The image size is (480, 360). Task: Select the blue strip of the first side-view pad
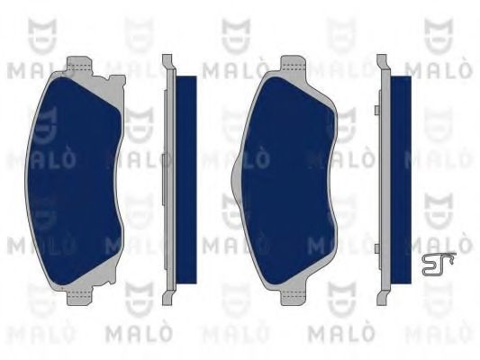tap(186, 180)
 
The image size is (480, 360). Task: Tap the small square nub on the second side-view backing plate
tap(372, 111)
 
